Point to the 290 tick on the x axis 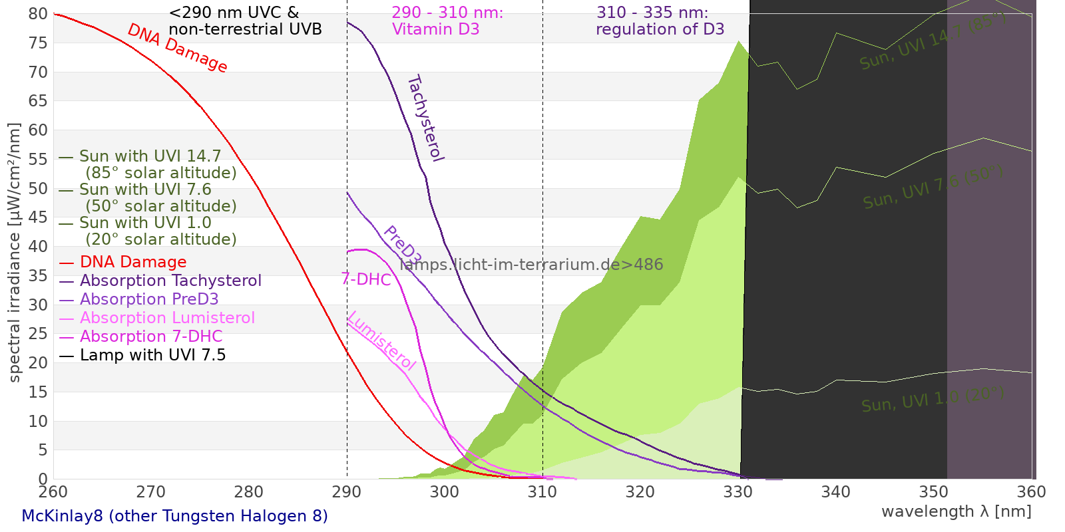coord(347,492)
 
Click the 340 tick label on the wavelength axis coord(836,492)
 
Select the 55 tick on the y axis coord(38,159)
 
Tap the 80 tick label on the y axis coord(38,14)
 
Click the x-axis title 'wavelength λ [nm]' coord(956,511)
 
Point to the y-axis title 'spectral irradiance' coord(15,252)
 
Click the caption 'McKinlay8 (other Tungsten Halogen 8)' coord(174,516)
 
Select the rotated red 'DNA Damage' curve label coord(178,48)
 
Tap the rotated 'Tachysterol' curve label coord(425,118)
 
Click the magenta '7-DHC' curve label coord(366,279)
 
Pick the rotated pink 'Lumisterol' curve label coord(381,340)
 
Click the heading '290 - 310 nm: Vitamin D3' coord(447,21)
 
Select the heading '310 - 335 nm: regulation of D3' coord(660,21)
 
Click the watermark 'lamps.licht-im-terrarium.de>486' coord(531,265)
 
